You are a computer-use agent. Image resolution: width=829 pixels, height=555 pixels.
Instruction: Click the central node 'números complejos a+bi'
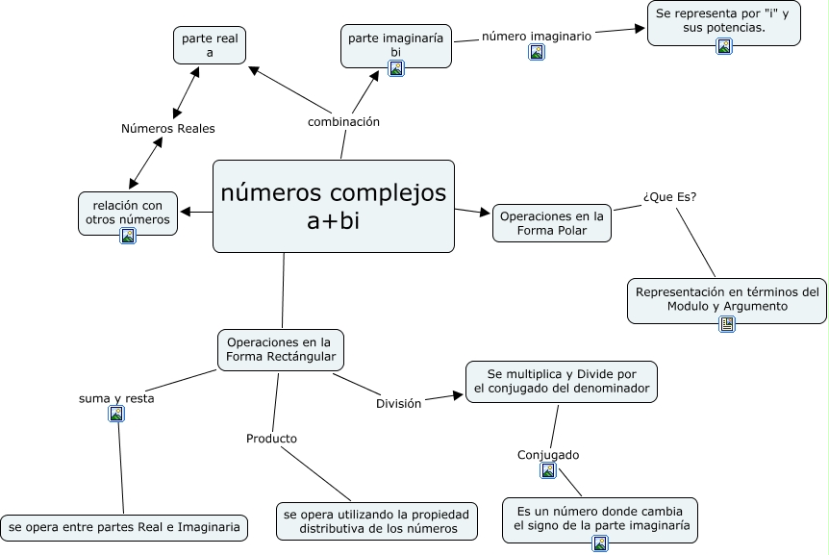pyautogui.click(x=333, y=206)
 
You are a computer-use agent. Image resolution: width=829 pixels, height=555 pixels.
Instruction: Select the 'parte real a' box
pyautogui.click(x=210, y=44)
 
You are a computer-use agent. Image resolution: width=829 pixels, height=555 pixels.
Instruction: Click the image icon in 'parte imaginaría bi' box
pyautogui.click(x=396, y=67)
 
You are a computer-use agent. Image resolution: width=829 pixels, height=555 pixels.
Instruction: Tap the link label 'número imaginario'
pyautogui.click(x=536, y=36)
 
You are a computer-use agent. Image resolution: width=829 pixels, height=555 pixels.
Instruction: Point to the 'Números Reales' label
pyautogui.click(x=168, y=128)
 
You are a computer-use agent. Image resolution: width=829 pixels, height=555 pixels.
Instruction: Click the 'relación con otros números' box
pyautogui.click(x=127, y=212)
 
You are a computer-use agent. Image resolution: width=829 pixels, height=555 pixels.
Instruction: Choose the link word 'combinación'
pyautogui.click(x=343, y=122)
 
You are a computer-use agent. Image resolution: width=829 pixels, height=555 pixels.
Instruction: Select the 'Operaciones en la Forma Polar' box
pyautogui.click(x=552, y=223)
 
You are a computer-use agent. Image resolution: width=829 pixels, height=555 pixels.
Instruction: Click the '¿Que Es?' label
pyautogui.click(x=669, y=197)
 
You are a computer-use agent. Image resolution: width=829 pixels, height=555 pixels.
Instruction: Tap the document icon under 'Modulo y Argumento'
pyautogui.click(x=727, y=324)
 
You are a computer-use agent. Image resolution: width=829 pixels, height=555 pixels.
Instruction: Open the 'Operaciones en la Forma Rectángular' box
pyautogui.click(x=281, y=349)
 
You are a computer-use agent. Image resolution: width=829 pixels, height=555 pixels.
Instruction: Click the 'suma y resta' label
pyautogui.click(x=116, y=397)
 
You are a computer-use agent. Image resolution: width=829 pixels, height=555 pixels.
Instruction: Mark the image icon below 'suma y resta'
pyautogui.click(x=116, y=415)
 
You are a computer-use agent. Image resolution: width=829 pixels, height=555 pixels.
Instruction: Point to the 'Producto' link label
pyautogui.click(x=271, y=439)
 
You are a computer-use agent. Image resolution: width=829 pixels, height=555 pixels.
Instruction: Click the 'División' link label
pyautogui.click(x=398, y=404)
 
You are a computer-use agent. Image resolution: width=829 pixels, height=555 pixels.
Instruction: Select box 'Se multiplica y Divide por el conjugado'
pyautogui.click(x=562, y=381)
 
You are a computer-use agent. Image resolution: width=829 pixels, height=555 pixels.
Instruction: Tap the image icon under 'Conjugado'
pyautogui.click(x=548, y=470)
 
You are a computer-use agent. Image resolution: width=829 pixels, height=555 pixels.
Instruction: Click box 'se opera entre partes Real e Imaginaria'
pyautogui.click(x=124, y=527)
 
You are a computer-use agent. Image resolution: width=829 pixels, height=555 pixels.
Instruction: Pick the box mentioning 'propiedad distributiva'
pyautogui.click(x=377, y=521)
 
